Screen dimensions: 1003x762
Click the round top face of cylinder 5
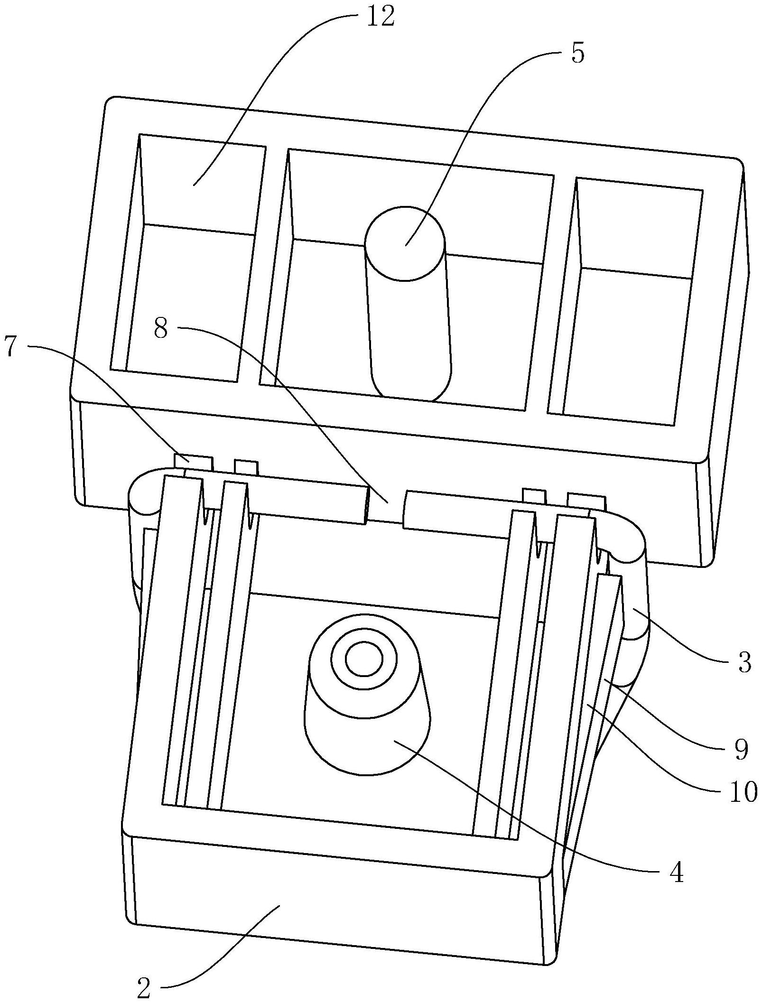point(405,243)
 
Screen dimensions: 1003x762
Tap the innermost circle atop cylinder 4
point(364,659)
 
